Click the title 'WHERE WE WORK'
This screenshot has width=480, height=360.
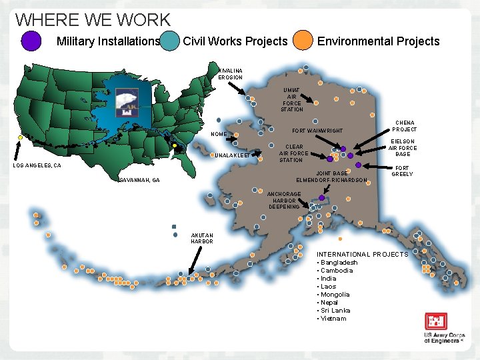coord(93,21)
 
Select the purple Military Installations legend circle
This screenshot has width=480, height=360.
coord(31,41)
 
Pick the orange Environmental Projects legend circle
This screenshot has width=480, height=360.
coord(304,41)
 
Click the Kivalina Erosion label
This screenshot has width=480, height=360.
coord(231,73)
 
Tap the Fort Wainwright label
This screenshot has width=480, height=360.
coord(317,130)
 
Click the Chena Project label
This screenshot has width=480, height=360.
coord(404,126)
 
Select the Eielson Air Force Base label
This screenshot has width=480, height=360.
coord(403,148)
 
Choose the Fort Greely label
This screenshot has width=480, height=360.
coord(402,171)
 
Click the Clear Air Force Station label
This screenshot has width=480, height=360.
coord(294,153)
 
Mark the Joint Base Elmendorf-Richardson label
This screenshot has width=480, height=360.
coord(331,177)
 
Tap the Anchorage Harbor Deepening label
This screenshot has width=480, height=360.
coord(284,200)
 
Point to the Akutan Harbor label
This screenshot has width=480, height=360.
coord(202,238)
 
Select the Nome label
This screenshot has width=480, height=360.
coord(219,135)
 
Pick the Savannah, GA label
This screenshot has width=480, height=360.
coord(139,180)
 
